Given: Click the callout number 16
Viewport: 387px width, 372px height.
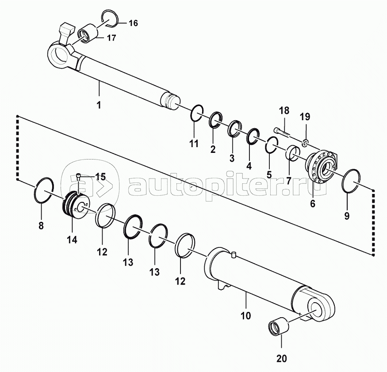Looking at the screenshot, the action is tap(133, 23).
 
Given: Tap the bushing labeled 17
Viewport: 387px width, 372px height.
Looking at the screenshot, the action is tap(88, 34).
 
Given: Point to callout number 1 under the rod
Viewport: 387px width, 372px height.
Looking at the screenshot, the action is tap(99, 105).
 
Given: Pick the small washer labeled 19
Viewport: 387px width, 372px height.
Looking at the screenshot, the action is tap(305, 143).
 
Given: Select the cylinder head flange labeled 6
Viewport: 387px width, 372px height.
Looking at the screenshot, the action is tap(322, 166).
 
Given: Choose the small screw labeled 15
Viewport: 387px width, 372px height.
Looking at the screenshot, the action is tap(78, 177).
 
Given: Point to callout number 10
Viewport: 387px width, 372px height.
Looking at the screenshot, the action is tap(245, 315).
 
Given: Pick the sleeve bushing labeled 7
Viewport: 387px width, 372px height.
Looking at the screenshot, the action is tap(293, 153).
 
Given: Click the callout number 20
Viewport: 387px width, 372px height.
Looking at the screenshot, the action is tap(282, 358).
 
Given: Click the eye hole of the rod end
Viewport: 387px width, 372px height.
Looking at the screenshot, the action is tap(61, 57).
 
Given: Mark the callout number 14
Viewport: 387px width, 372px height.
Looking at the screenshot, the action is tap(73, 239).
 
